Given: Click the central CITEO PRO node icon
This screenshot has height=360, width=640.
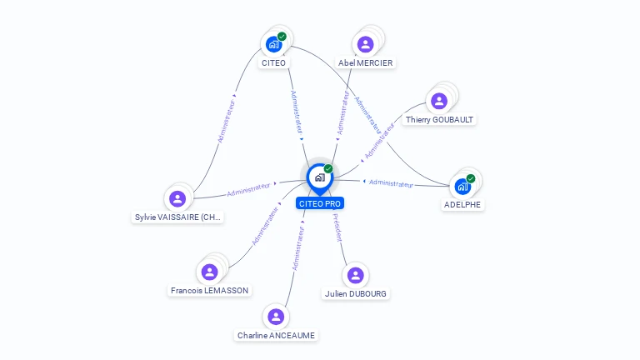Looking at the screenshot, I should pos(319,177).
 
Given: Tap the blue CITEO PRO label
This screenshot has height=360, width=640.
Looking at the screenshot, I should pos(319,203).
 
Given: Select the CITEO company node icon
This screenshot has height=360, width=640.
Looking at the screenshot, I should pos(273,44).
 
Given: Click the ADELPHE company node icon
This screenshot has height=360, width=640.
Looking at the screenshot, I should pos(462,186).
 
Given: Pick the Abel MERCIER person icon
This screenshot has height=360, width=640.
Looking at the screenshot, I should pos(365,44).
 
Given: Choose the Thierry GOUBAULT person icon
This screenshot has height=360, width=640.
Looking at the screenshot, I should pos(439,101).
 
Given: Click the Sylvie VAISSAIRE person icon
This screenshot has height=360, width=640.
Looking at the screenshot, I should pos(177,198).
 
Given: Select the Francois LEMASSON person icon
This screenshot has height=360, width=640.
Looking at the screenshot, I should pos(209,272).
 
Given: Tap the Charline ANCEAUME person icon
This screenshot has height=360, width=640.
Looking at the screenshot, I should pos(276,317).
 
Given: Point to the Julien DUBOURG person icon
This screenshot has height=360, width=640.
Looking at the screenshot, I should pos(356,275).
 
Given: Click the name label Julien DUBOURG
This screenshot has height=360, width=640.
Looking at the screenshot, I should pos(356,294).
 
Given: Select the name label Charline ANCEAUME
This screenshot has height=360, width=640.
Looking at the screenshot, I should pos(276,336).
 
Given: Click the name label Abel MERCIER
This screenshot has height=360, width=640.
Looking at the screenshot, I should pos(365,63).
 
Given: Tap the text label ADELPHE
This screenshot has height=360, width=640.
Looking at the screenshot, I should pos(462,205).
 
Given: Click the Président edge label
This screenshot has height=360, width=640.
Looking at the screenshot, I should pos(337,227).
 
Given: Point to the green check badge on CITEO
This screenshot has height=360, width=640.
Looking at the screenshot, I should pos(282,36).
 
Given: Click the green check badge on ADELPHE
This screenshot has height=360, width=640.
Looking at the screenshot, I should pos(471,178).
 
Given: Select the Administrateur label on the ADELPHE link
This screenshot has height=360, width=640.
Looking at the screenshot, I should pos(391,183).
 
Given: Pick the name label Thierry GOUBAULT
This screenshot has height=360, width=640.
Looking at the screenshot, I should pos(439,120).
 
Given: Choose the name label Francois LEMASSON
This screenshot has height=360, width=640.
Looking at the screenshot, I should pos(209,291).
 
